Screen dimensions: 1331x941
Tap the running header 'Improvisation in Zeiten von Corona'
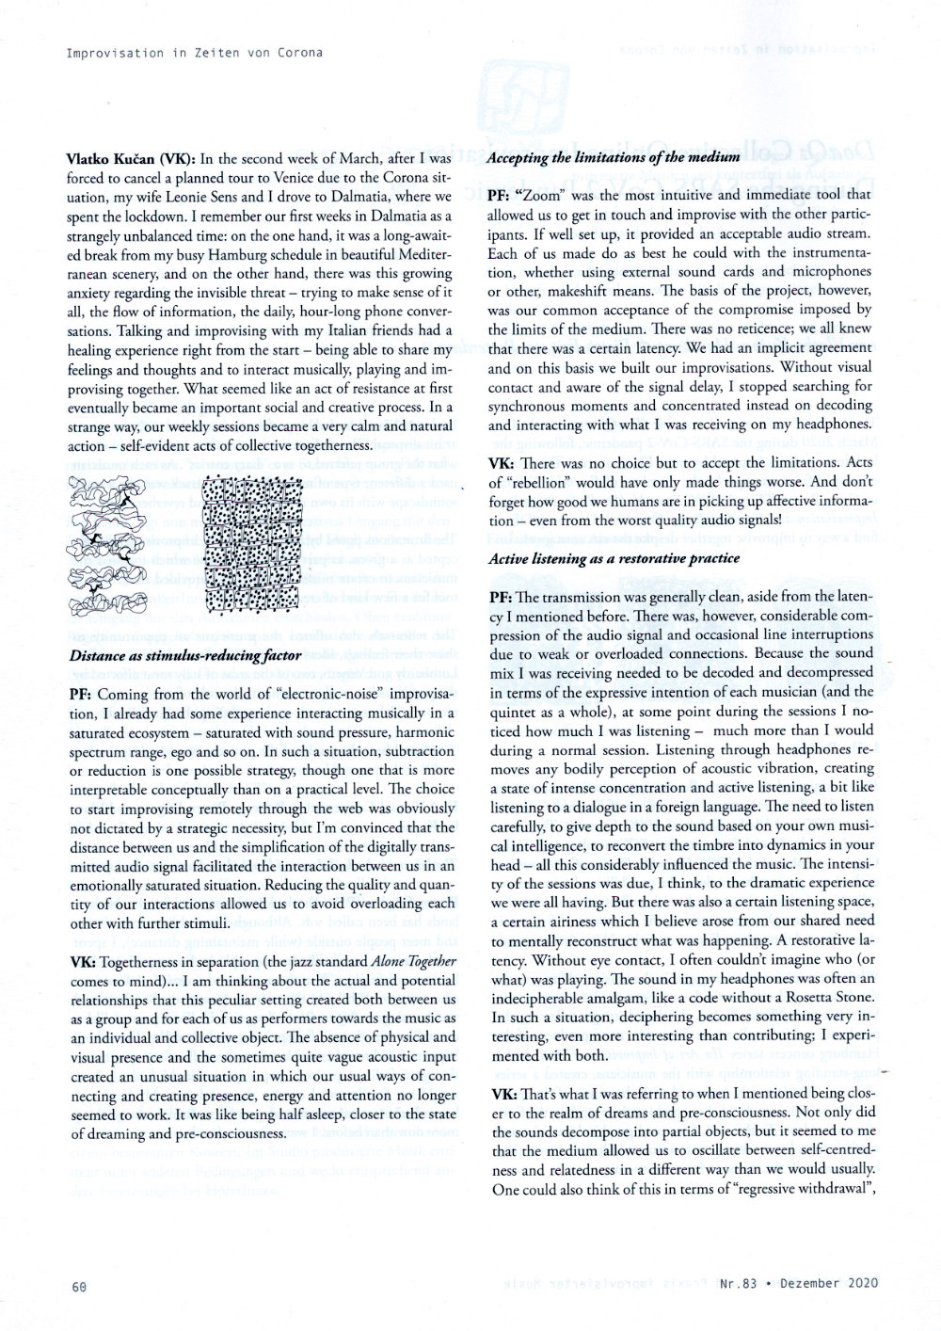tap(194, 52)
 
